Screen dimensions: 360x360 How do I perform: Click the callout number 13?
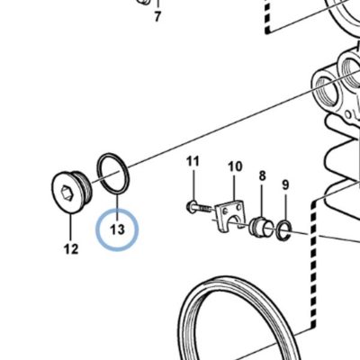[x=117, y=230]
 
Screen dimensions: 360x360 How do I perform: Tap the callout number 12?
[x=71, y=249]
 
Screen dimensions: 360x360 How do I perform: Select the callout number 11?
[x=193, y=161]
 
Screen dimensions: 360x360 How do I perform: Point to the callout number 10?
[x=235, y=166]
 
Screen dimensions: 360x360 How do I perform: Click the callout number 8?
[x=262, y=175]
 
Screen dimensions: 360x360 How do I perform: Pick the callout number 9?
[x=285, y=184]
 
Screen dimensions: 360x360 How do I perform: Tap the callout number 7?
[x=157, y=16]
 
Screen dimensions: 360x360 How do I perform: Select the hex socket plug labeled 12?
[x=71, y=193]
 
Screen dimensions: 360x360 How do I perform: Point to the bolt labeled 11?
[x=201, y=207]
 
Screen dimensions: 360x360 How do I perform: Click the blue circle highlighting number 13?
[x=117, y=210]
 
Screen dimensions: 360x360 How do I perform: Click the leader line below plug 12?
[x=71, y=228]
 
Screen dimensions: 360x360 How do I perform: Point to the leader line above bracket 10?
[x=235, y=188]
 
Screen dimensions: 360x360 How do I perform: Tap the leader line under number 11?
[x=193, y=185]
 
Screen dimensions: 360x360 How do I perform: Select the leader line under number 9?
[x=285, y=207]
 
